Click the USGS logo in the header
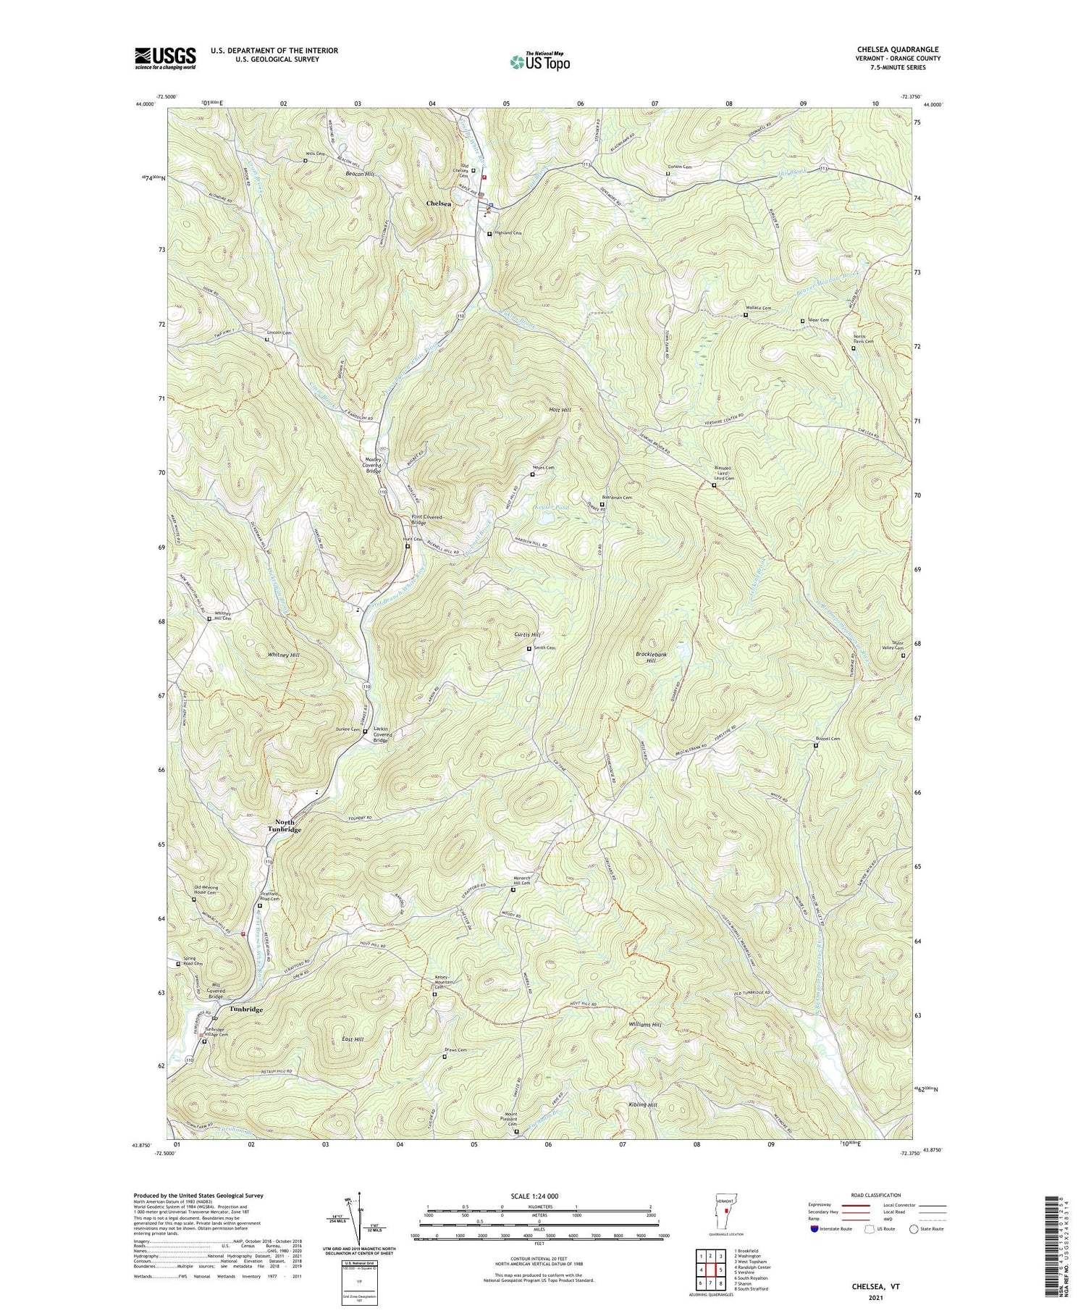coord(165,58)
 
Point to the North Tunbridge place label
coord(284,826)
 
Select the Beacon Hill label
coord(360,175)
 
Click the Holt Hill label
coord(560,410)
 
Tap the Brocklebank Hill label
coord(651,658)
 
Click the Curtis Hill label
coord(527,634)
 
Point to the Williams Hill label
coord(645,1025)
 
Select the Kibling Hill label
coord(643,1104)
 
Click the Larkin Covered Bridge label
coord(383,734)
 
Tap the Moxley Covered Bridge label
coord(374,466)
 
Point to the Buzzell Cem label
coord(828,739)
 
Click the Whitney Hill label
coord(284,655)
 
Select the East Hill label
coord(353,1039)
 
